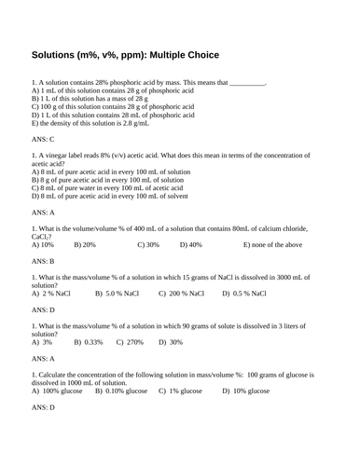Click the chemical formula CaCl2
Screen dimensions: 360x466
pyautogui.click(x=42, y=237)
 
